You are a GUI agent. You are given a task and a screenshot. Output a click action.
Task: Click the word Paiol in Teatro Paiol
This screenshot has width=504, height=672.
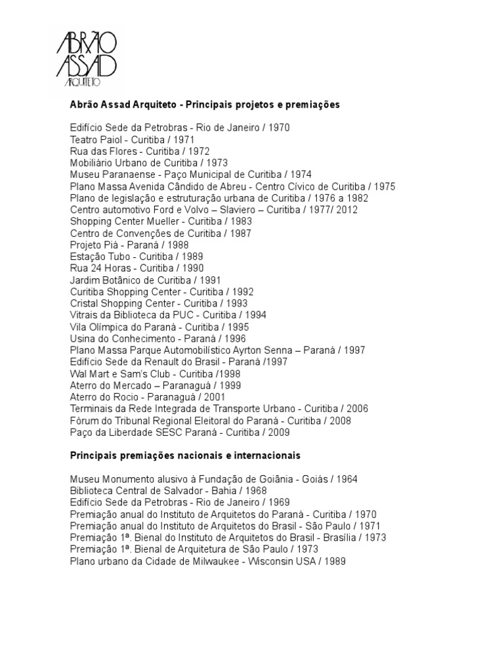click(114, 140)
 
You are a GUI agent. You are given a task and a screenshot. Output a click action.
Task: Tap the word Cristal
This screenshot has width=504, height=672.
click(85, 303)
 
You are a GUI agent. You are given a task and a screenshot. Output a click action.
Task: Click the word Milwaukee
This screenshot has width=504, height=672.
click(201, 561)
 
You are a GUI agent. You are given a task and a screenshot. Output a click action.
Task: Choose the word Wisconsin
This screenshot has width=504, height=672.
click(267, 561)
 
